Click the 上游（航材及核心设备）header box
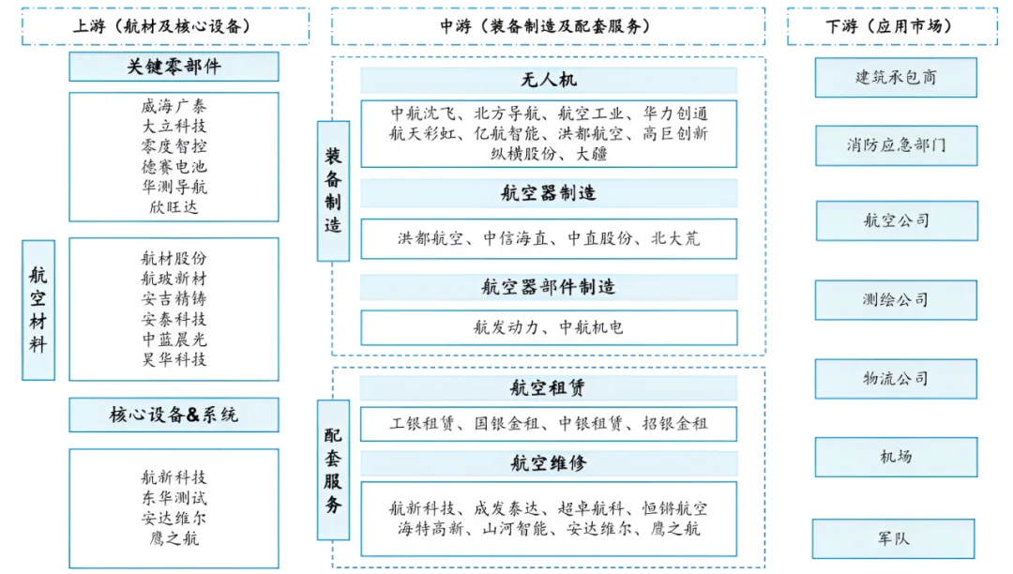(x=165, y=26)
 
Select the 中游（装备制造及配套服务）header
(x=547, y=26)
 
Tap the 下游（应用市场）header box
(x=892, y=26)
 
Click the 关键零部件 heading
(x=174, y=68)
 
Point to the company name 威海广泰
(x=174, y=106)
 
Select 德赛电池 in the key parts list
(x=174, y=167)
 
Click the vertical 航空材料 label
(x=38, y=310)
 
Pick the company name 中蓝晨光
(x=174, y=340)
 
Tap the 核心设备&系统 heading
(x=174, y=415)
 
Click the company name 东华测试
(x=174, y=497)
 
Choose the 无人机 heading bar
(x=549, y=81)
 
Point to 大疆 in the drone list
(x=593, y=154)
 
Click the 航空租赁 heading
(x=549, y=388)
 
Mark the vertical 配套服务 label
(x=333, y=469)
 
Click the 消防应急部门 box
(x=896, y=146)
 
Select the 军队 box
(x=894, y=538)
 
